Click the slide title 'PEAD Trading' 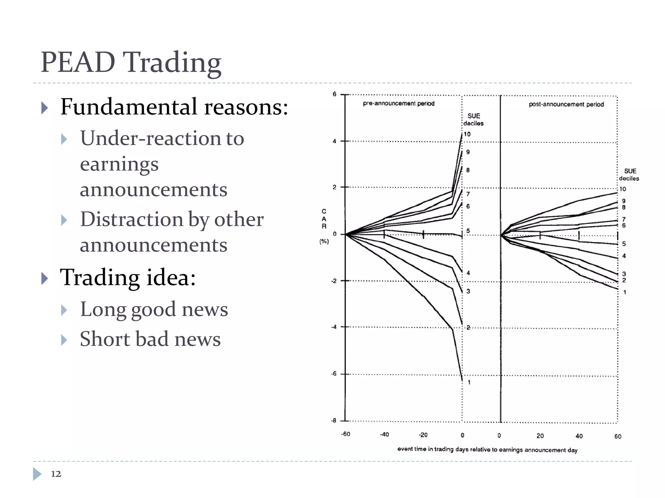tap(131, 62)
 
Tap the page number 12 tap(56, 474)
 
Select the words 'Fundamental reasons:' tap(174, 107)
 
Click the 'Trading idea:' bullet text tap(128, 278)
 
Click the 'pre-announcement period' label tap(398, 103)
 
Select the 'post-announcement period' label tap(566, 104)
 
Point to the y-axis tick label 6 tap(334, 94)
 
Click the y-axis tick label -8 tap(333, 421)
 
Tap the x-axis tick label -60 tap(345, 434)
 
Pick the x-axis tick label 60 tap(618, 436)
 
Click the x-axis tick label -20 tap(423, 435)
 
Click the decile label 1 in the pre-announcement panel tap(469, 382)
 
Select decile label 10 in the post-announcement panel tap(622, 189)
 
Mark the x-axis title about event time tap(487, 449)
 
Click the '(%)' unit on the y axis tap(324, 241)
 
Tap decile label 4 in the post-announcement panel tap(624, 256)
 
